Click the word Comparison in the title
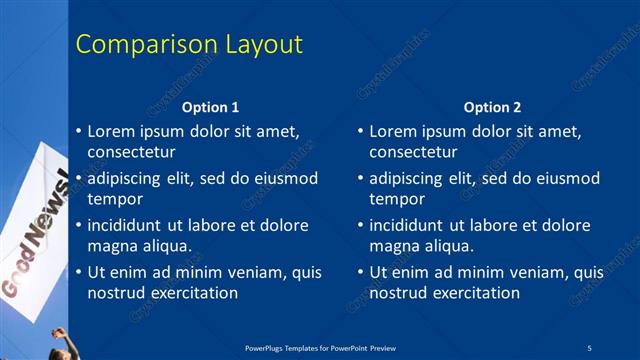tap(136, 44)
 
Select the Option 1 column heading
tap(210, 107)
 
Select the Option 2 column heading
tap(492, 107)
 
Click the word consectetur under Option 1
tap(131, 153)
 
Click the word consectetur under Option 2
tap(413, 153)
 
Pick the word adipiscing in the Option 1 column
tap(125, 178)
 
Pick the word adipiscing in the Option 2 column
tap(407, 178)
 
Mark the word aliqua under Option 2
tap(446, 247)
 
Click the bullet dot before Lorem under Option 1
tap(78, 131)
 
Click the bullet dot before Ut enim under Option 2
tap(360, 272)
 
